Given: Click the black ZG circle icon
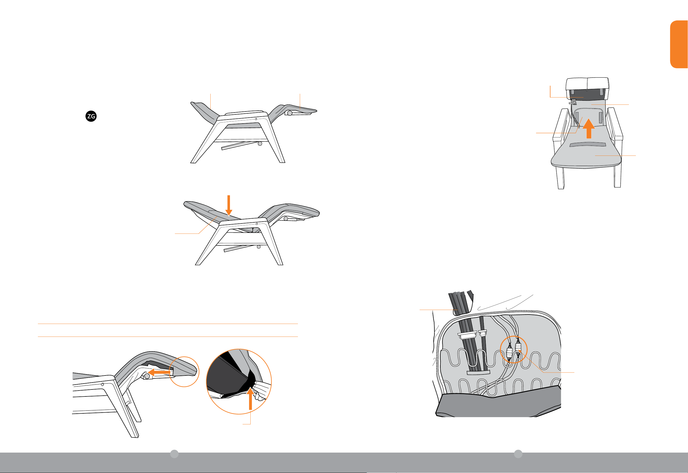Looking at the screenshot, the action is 91,116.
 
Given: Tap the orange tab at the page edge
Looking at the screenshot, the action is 679,44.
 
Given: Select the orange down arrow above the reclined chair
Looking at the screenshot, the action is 229,205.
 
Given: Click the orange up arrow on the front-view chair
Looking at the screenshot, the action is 589,128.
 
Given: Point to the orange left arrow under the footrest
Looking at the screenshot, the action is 159,372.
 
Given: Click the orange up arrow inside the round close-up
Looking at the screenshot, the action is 250,399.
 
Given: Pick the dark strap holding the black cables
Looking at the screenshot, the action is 478,372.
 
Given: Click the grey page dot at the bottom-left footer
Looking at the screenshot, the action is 174,454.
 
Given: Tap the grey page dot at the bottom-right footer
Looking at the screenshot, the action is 518,454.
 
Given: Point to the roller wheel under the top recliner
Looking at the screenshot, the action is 260,144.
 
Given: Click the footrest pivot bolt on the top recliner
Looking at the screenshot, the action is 290,113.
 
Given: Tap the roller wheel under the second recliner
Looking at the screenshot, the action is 259,247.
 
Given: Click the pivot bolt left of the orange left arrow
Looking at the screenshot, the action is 147,376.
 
